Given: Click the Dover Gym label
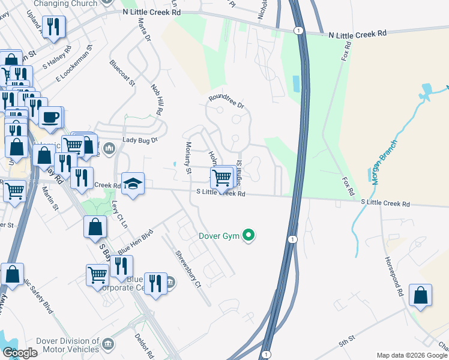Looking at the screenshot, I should [x=220, y=236].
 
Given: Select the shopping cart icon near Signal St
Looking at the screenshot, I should [x=221, y=176].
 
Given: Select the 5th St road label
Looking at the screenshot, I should [x=346, y=343].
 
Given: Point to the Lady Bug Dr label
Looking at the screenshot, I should [x=139, y=140].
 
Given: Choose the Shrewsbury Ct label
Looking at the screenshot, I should [x=187, y=270].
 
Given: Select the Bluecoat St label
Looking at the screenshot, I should [x=121, y=73].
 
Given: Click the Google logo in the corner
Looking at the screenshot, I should [x=20, y=353].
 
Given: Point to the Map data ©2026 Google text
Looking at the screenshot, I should [x=412, y=355].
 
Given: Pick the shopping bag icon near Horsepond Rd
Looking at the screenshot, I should [x=420, y=296].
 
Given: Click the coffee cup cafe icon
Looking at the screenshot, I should [x=50, y=118].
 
